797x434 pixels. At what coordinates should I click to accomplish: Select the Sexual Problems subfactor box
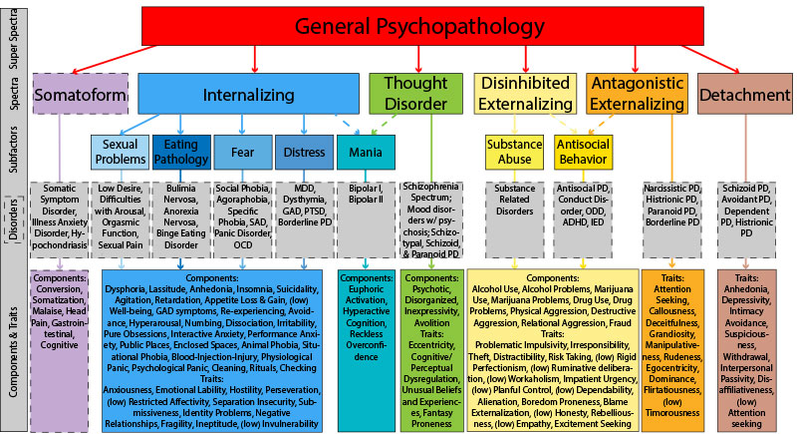(x=120, y=153)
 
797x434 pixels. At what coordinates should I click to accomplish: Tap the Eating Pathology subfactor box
(x=180, y=153)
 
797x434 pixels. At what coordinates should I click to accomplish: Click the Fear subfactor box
(x=242, y=153)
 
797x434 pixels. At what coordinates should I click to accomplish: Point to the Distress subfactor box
(x=303, y=153)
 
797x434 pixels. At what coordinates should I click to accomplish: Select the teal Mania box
(x=365, y=153)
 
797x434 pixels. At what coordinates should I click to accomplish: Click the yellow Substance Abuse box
(x=513, y=153)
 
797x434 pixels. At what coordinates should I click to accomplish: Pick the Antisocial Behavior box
(x=583, y=153)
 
